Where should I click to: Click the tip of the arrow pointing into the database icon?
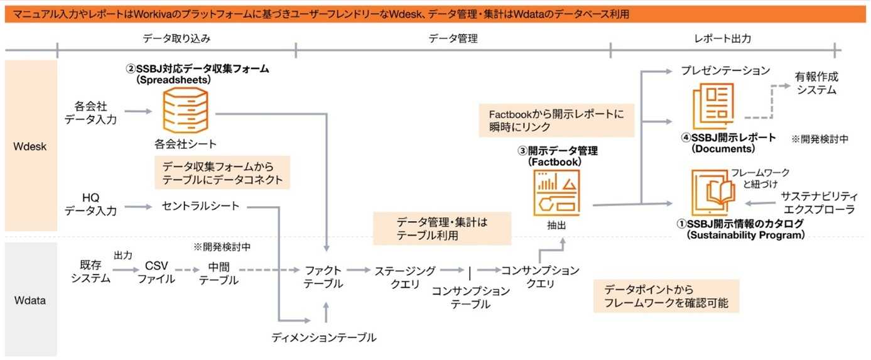(152, 111)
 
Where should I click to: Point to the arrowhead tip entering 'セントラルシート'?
(152, 207)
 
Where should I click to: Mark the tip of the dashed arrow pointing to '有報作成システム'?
(791, 85)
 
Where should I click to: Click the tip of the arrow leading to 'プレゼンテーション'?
(673, 71)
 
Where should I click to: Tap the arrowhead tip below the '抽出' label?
(562, 238)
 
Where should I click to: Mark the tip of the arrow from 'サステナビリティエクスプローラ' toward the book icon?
(745, 203)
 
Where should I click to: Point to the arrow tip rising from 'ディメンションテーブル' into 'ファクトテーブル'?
(326, 302)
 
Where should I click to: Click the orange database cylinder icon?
(185, 110)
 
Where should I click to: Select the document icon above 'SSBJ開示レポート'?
(713, 106)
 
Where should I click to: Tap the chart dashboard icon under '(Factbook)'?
(556, 193)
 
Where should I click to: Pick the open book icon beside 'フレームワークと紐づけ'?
(714, 192)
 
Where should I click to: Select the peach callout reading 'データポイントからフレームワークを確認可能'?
(666, 296)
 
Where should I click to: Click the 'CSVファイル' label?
(156, 272)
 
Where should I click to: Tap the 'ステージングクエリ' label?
(405, 277)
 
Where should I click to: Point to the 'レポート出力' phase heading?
(722, 38)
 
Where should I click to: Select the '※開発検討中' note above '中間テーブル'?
(222, 247)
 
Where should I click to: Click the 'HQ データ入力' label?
(90, 204)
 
